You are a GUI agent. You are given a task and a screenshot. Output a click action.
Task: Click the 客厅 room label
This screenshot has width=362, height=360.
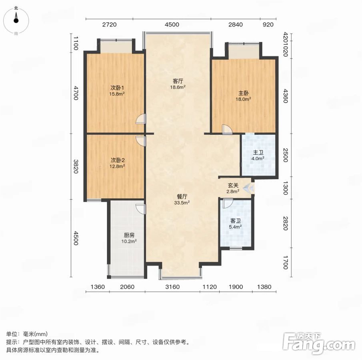178,81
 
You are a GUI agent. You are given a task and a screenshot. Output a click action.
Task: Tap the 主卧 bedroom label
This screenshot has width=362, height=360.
243,93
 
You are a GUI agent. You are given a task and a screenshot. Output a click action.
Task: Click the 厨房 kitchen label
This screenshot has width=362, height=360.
129,235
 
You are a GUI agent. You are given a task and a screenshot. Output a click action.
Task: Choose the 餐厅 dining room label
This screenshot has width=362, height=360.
182,197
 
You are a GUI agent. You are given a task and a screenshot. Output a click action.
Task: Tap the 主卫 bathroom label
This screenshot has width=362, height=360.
258,153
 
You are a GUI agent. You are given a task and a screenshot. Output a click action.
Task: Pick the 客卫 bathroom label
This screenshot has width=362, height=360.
236,221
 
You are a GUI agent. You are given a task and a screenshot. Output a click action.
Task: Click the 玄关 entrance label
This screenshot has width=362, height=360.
233,186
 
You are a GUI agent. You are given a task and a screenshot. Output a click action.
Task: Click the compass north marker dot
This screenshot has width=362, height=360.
16,20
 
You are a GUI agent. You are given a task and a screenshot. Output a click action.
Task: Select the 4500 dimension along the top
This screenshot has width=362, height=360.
172,24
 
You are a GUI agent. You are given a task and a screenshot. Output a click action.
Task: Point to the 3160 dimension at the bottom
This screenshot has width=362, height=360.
172,287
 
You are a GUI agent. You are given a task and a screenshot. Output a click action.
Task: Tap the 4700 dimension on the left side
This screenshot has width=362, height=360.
76,93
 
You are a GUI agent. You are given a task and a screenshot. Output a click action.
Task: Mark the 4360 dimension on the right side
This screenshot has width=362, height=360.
285,96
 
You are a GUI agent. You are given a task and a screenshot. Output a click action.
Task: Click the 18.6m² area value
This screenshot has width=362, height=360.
178,87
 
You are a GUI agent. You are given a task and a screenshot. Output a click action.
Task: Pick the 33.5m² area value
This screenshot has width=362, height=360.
182,203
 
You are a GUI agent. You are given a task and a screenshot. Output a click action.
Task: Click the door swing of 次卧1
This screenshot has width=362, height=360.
141,119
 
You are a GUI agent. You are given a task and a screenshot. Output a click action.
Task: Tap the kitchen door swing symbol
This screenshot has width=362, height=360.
141,209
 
